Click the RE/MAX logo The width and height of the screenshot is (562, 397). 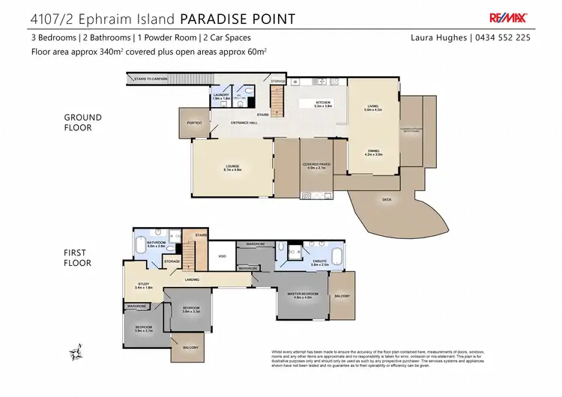coord(509,17)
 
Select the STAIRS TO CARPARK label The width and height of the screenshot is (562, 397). coord(150,78)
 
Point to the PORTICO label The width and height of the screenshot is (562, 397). coord(194,122)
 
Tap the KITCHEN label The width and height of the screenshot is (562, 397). coord(322,103)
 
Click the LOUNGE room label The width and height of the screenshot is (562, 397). coord(233,168)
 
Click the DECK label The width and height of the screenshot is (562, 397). coord(387,199)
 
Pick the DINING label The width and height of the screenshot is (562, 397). coord(373,151)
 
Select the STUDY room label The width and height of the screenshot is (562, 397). coord(144,285)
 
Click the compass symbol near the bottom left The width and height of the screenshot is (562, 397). coord(75,350)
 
